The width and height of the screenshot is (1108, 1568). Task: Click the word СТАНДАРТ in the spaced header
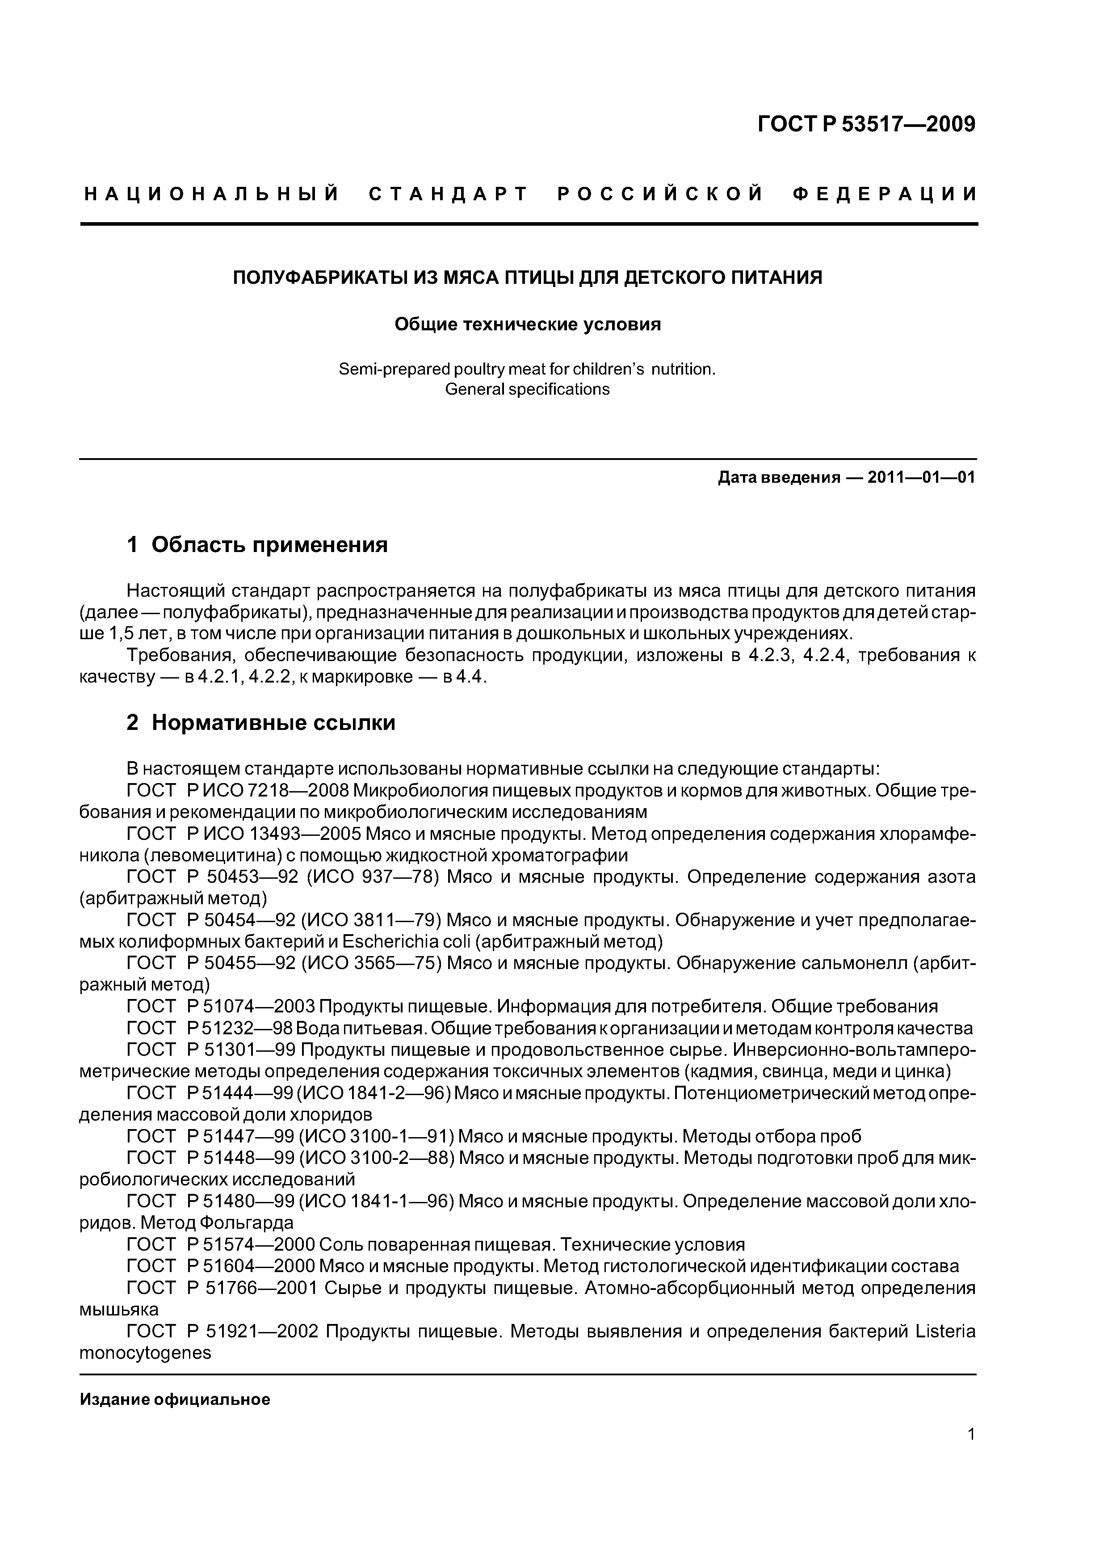[x=448, y=194]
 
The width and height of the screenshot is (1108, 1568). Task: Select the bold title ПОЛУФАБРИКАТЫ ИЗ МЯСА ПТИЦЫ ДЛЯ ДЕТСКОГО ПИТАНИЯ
[x=528, y=278]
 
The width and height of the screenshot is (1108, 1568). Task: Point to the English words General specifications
[x=527, y=389]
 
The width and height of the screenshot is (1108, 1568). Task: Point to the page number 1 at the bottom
[x=971, y=1453]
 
